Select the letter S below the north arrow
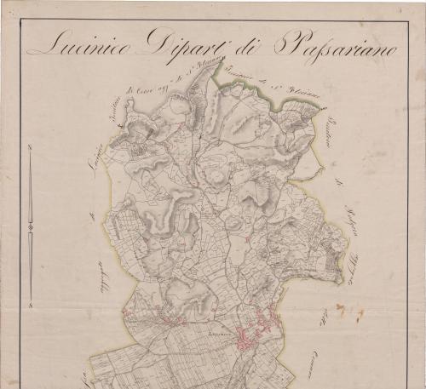(30, 300)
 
